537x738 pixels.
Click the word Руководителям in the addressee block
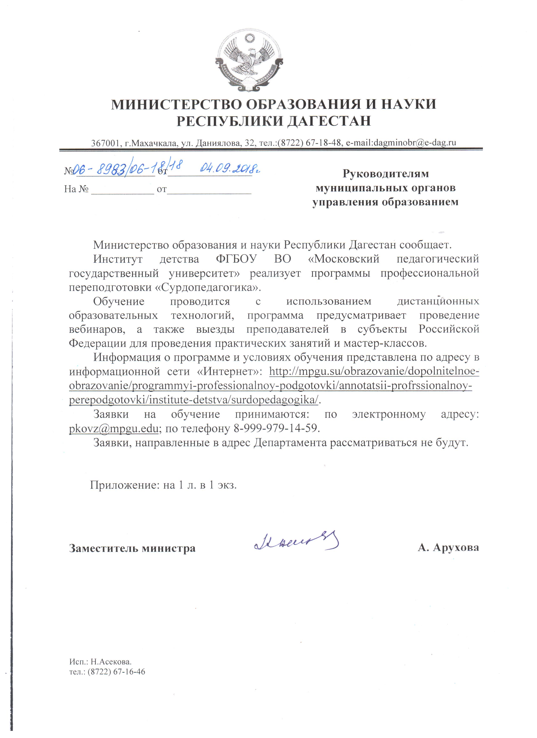pos(385,174)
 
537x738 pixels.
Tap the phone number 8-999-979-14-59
pos(275,428)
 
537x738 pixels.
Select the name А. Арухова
pos(448,548)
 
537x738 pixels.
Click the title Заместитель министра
pos(132,549)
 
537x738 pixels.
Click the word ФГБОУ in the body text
pos(236,259)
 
